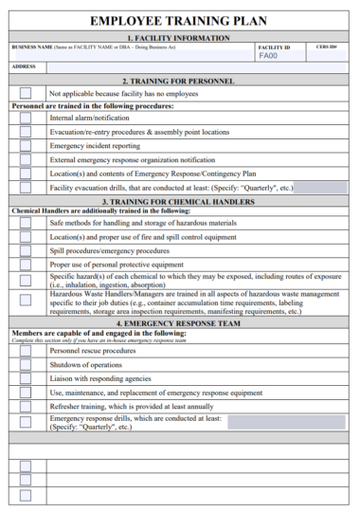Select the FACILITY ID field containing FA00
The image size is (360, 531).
tap(281, 56)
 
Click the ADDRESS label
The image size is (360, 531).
tap(25, 66)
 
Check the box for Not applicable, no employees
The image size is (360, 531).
tap(26, 93)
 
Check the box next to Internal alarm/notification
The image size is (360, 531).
tap(26, 118)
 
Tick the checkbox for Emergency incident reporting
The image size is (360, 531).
tap(26, 146)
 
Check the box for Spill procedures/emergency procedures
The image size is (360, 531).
tap(26, 250)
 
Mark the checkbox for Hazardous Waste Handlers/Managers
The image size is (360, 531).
tap(26, 302)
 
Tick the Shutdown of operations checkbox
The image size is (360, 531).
tap(26, 364)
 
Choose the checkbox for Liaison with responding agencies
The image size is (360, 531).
tap(26, 378)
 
